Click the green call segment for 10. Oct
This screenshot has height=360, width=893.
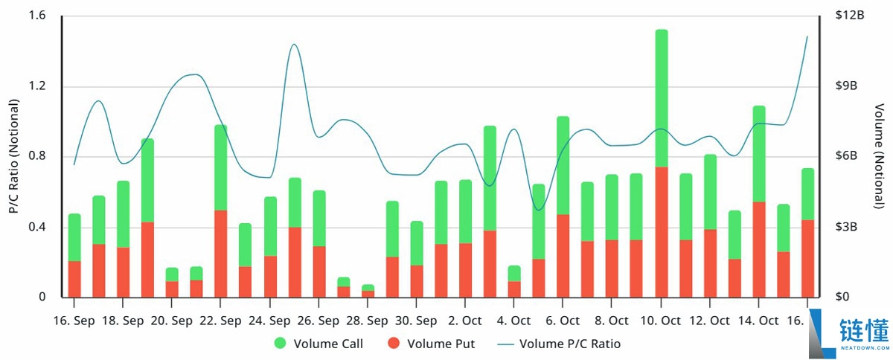(661, 98)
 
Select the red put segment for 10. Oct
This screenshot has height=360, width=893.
(661, 232)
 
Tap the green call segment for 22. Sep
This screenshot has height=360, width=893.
(220, 167)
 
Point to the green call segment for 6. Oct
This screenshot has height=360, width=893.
(563, 165)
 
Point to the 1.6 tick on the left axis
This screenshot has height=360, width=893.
(37, 16)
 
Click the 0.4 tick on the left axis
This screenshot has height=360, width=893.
(37, 227)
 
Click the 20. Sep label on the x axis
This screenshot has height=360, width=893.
(171, 321)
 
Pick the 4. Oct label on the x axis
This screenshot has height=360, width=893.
(513, 321)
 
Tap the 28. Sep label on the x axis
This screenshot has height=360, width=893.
(367, 321)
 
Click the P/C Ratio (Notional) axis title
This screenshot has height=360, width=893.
(13, 156)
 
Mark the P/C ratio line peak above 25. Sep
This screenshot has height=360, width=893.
(294, 45)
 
